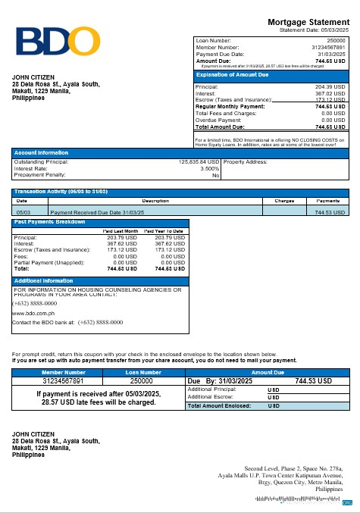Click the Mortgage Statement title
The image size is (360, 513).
pyautogui.click(x=309, y=23)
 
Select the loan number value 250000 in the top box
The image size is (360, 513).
pyautogui.click(x=335, y=39)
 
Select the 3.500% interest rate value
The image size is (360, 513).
pyautogui.click(x=210, y=168)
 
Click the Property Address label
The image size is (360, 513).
pyautogui.click(x=245, y=161)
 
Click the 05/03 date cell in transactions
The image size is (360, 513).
pyautogui.click(x=23, y=213)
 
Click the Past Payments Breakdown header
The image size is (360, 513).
pyautogui.click(x=49, y=221)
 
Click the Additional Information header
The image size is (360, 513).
pyautogui.click(x=43, y=280)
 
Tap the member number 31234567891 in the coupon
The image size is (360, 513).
pyautogui.click(x=64, y=381)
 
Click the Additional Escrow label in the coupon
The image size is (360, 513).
pyautogui.click(x=211, y=397)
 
